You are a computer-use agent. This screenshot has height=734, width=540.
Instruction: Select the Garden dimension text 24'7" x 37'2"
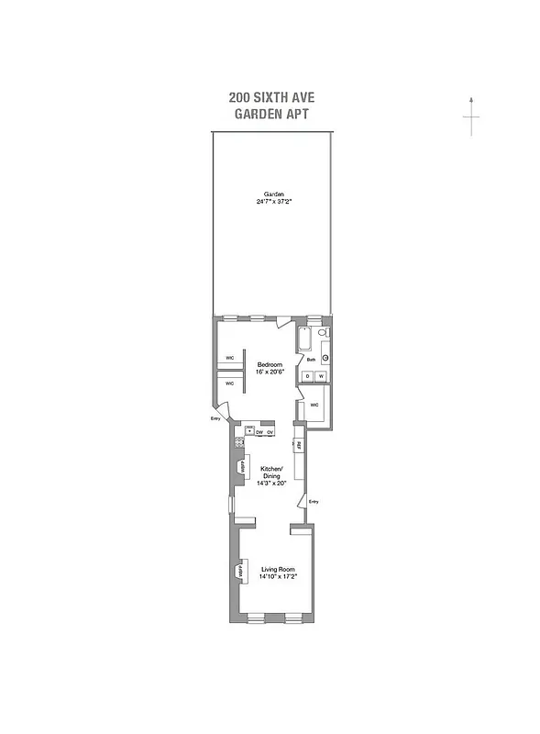click(274, 201)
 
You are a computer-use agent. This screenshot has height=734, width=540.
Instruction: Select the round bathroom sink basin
click(325, 357)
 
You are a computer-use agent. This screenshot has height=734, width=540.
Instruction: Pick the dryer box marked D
click(309, 377)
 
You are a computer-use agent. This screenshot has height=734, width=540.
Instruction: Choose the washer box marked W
click(322, 377)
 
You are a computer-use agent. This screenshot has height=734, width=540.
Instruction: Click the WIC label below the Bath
click(314, 404)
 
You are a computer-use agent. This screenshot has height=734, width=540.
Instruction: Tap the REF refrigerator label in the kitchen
click(298, 446)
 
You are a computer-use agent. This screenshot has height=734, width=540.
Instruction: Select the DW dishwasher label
click(259, 431)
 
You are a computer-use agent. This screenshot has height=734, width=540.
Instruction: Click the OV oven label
click(270, 431)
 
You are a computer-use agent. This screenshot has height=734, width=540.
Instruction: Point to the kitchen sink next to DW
click(247, 430)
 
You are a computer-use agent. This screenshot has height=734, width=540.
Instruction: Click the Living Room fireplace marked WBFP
click(240, 571)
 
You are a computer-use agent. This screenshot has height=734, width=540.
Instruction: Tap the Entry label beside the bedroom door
click(216, 419)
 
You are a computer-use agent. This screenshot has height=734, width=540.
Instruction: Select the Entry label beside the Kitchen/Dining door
click(314, 501)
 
